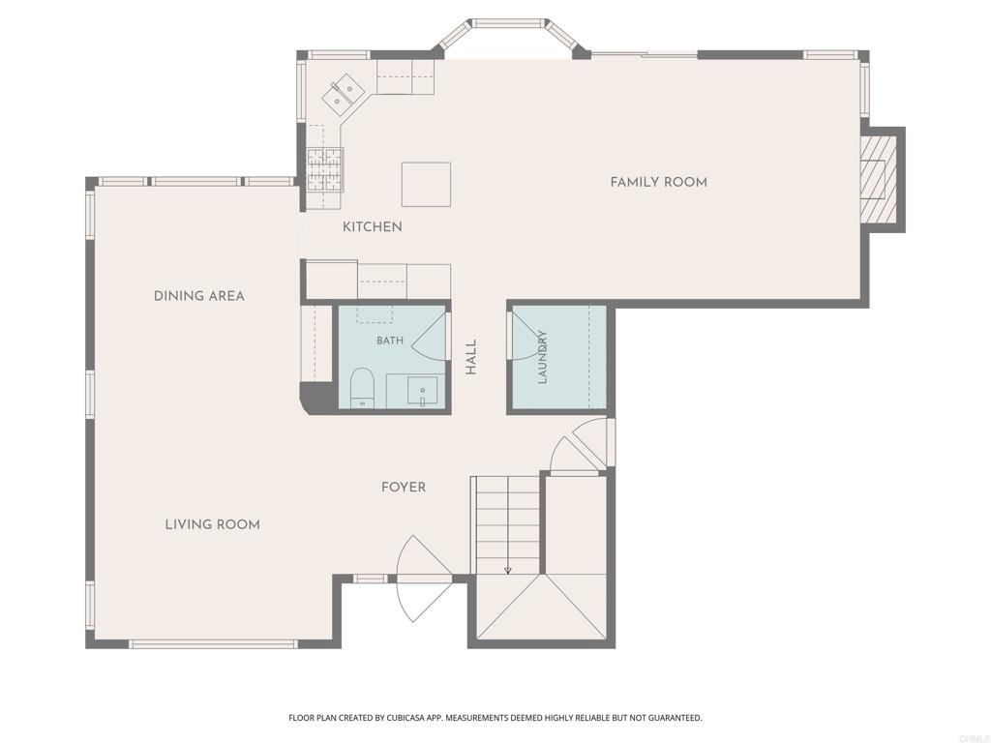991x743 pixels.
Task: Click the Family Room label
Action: [658, 183]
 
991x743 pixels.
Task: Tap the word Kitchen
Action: [373, 226]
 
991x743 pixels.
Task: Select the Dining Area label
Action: [199, 296]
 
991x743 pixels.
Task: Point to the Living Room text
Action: [212, 524]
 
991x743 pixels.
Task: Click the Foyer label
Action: [404, 488]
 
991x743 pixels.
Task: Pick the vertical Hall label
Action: [471, 358]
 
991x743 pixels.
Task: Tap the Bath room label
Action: [390, 341]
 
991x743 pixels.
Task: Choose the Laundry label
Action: [542, 357]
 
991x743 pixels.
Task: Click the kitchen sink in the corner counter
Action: [342, 95]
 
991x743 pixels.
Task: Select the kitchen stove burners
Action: [325, 170]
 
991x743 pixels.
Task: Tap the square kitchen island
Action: [426, 184]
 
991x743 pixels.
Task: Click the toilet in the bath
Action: [363, 387]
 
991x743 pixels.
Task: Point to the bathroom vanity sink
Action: [422, 392]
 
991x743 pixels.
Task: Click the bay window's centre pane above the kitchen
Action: [509, 23]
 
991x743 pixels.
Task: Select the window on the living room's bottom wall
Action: [213, 643]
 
